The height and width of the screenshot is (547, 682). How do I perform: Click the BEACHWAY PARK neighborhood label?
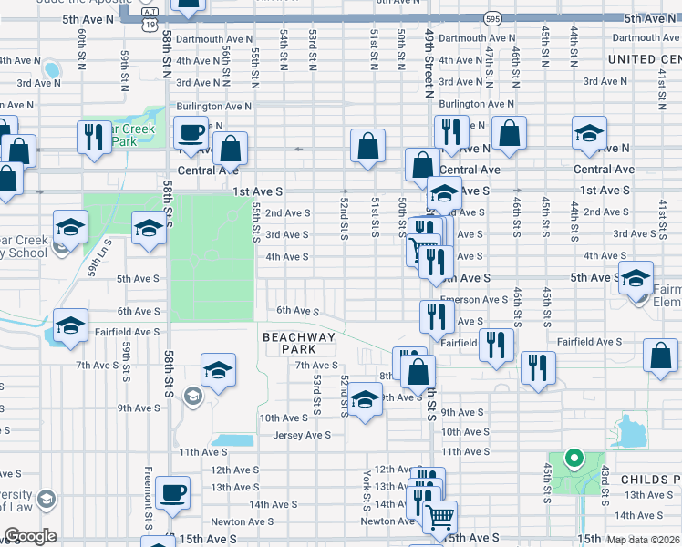(x=299, y=343)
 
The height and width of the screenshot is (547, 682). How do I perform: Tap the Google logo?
(x=30, y=536)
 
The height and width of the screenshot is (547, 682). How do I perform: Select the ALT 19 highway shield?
(x=148, y=23)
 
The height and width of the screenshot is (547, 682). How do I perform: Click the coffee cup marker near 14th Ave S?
(x=172, y=494)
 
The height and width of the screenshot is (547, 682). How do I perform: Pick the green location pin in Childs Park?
(x=573, y=459)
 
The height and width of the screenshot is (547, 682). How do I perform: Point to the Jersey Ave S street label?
(x=305, y=435)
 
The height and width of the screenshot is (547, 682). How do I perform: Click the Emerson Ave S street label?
(x=474, y=299)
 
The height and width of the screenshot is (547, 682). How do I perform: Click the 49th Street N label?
(x=428, y=62)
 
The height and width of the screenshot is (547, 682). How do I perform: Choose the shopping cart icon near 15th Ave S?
(x=440, y=517)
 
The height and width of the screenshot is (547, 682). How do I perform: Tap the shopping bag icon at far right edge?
(x=660, y=356)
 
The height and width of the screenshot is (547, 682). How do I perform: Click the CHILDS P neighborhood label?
(x=650, y=479)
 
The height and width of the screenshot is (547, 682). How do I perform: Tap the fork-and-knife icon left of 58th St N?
(x=93, y=138)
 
